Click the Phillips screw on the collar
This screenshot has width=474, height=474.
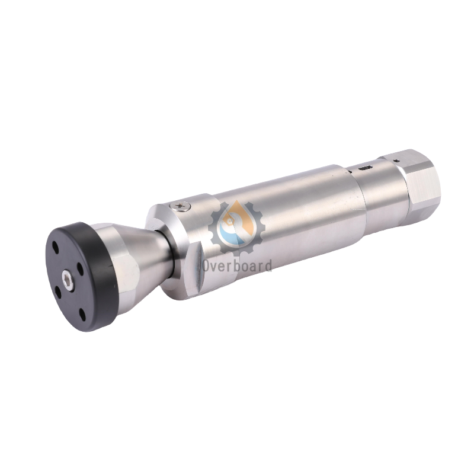[x=181, y=205]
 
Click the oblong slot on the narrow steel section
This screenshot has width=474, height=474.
[x=365, y=170]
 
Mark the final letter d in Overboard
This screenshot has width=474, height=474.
[x=268, y=264]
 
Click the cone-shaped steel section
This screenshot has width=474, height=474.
[x=148, y=261]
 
